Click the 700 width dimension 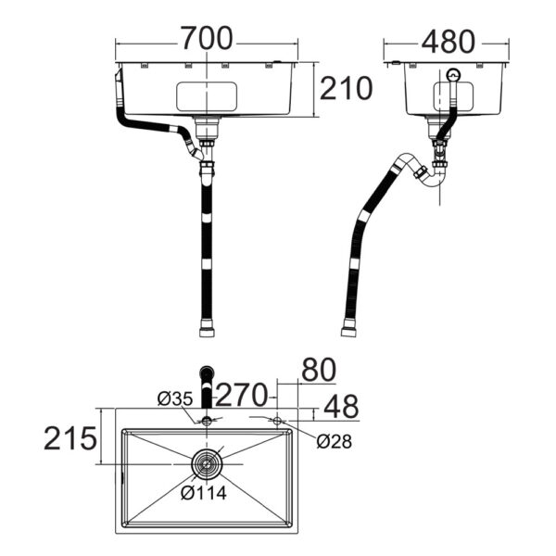tap(207, 38)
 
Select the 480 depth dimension tap(448, 42)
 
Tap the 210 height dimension tap(346, 88)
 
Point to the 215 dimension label tap(70, 438)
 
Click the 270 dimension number tap(241, 395)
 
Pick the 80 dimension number tap(319, 370)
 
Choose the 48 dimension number tap(341, 407)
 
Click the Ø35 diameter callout tap(175, 398)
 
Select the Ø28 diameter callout tap(334, 441)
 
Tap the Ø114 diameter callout tap(204, 493)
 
